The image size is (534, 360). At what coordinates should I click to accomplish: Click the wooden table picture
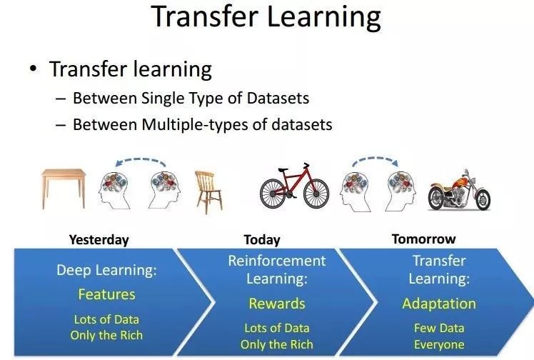tap(64, 189)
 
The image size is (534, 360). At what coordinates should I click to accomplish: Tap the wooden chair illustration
tap(208, 192)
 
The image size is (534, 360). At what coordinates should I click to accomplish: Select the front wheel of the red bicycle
tap(316, 194)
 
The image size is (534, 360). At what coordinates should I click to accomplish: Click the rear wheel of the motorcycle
tap(438, 199)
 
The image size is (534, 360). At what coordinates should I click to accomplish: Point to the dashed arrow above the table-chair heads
tap(141, 159)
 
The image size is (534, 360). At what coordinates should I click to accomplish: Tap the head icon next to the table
tap(114, 191)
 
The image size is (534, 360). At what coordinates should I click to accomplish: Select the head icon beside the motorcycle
tap(400, 191)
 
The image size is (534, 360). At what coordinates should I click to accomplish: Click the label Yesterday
tap(99, 240)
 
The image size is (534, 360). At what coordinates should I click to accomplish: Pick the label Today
tap(262, 240)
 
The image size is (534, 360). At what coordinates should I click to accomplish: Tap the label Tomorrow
tap(423, 239)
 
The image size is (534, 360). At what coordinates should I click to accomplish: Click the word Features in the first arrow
tap(106, 294)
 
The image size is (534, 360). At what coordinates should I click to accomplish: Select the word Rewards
tap(277, 304)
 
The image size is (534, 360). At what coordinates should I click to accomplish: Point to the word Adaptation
tap(439, 304)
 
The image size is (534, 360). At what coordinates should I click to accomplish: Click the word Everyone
tap(439, 345)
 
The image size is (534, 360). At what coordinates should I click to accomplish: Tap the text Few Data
tap(439, 328)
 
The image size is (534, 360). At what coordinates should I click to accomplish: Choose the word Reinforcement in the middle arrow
tap(277, 261)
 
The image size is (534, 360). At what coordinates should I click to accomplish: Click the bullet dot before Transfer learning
tap(33, 69)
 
